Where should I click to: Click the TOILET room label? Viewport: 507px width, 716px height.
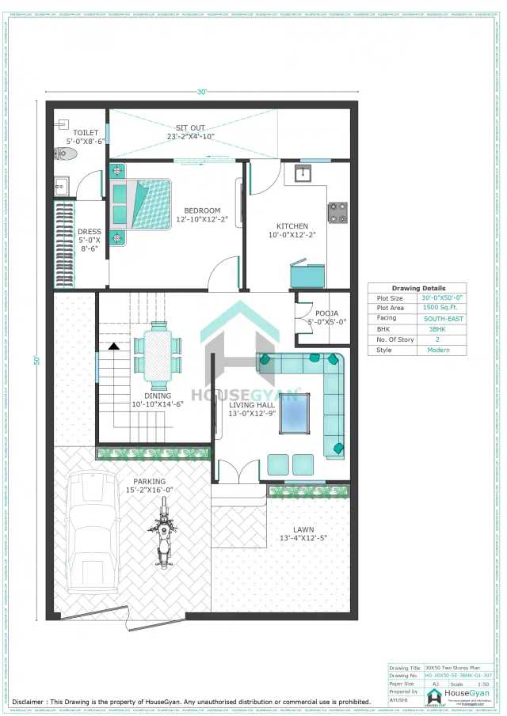click(86, 133)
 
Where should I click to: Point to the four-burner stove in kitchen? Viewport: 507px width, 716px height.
click(337, 212)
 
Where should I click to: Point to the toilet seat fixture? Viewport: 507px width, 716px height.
click(63, 153)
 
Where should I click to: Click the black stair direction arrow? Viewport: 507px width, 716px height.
click(114, 346)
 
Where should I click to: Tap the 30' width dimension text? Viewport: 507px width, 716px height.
click(202, 92)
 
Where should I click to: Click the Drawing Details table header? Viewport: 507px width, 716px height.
click(417, 288)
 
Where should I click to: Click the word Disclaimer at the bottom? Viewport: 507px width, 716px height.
click(32, 701)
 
